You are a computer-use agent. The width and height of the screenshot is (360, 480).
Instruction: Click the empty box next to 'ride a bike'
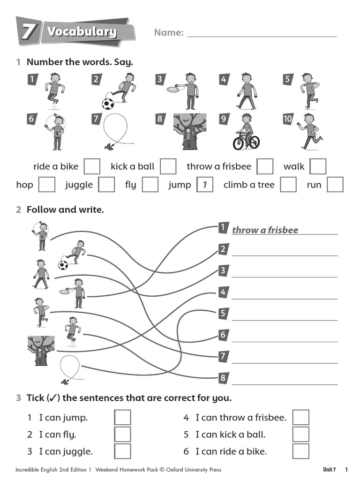[92, 166]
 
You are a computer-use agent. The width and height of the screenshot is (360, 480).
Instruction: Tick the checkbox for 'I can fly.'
[123, 434]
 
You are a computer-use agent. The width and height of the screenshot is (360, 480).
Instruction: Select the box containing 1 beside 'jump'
[204, 185]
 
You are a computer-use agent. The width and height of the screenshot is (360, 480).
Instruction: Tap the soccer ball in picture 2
[108, 103]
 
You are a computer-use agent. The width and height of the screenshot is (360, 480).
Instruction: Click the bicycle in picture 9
[246, 141]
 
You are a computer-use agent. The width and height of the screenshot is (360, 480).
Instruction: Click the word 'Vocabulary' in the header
[82, 32]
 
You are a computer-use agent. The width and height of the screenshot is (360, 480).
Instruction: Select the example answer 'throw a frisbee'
[265, 230]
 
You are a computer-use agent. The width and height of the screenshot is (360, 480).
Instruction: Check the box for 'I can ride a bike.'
[301, 451]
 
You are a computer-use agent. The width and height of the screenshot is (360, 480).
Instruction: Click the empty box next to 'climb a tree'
[288, 185]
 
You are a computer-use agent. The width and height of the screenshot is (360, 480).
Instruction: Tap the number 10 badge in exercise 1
[287, 119]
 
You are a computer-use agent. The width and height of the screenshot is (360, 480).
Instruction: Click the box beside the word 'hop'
[46, 185]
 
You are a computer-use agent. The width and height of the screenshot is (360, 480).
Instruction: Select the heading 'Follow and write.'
[65, 210]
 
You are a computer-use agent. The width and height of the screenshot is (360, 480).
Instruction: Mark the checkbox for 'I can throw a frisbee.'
[301, 417]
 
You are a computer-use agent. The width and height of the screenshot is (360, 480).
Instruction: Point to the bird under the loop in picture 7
[110, 147]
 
